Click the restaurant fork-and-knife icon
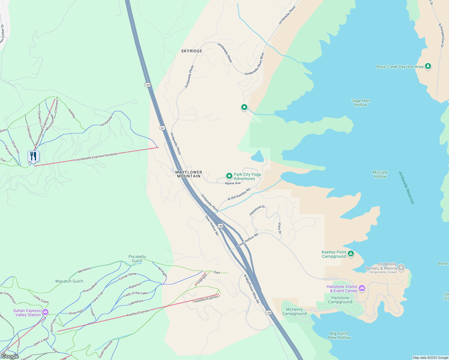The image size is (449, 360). click(33, 156)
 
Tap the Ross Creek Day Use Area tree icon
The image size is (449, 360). click(428, 66)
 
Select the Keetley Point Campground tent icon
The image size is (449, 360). click(351, 254)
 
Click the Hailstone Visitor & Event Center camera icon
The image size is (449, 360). click(362, 288)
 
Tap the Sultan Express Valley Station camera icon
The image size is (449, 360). click(45, 312)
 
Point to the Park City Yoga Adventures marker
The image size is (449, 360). click(229, 176)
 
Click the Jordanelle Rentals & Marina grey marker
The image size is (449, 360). click(401, 267)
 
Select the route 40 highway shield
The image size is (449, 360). click(162, 128)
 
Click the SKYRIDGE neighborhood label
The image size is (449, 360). click(192, 51)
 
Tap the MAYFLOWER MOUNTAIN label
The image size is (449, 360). click(188, 174)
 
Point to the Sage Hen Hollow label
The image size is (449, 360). click(360, 103)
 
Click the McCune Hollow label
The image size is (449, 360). click(380, 174)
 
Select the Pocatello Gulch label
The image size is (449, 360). click(137, 259)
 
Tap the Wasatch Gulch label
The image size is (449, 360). click(69, 281)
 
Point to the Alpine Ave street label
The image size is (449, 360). click(233, 183)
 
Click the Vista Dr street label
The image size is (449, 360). click(279, 228)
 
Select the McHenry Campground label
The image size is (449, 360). click(294, 311)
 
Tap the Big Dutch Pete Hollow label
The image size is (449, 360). click(339, 335)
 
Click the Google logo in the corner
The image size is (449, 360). click(10, 356)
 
